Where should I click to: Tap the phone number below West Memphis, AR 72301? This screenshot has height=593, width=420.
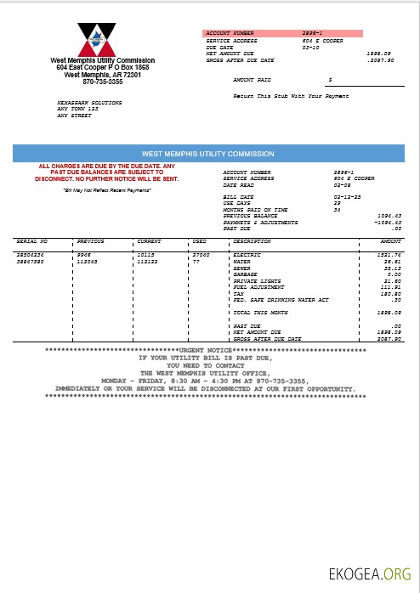point(102,82)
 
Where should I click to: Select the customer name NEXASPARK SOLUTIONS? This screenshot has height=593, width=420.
point(89,103)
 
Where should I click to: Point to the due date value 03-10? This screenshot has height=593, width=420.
point(310,48)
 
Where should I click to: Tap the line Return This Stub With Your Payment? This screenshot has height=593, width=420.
point(291,97)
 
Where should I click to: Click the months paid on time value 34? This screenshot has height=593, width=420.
point(337,209)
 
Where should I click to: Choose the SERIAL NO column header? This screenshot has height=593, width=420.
point(32,241)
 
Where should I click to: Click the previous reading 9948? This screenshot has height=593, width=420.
point(83,254)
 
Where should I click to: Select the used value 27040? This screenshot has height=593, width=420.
point(201,254)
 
